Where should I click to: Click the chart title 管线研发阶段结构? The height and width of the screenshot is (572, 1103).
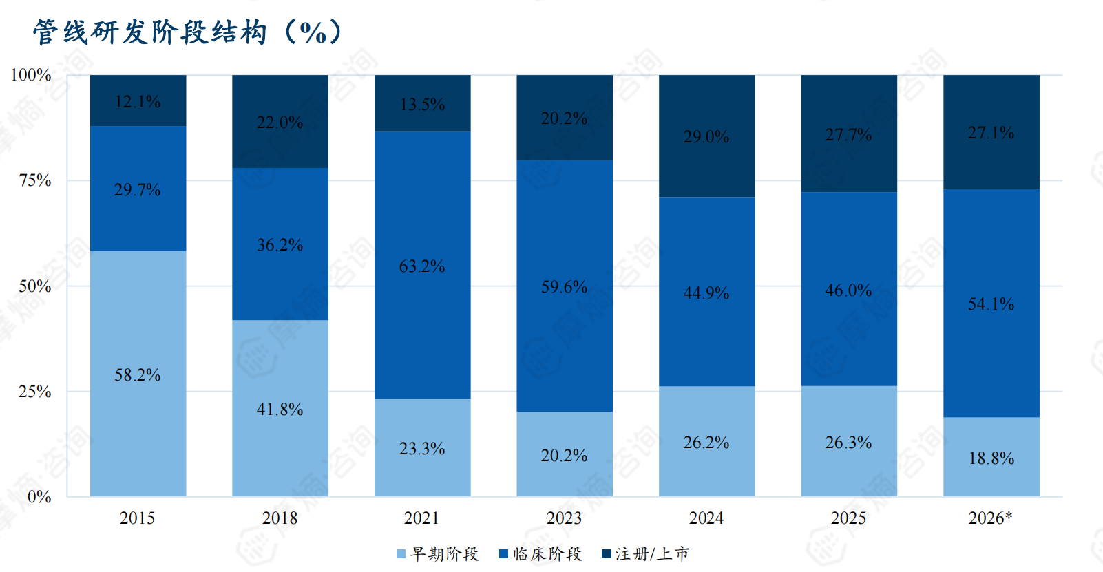click(150, 32)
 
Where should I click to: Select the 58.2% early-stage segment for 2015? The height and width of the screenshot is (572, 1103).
click(138, 374)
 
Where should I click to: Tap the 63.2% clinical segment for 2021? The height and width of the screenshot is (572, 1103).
click(423, 265)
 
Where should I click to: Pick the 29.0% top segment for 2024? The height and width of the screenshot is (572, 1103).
click(706, 136)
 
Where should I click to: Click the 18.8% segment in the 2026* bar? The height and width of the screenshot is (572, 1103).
click(991, 457)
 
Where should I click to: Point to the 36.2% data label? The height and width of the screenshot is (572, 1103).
click(280, 244)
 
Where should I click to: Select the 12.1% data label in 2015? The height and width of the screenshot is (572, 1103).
click(138, 101)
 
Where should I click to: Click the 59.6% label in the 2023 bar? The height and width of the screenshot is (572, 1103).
click(565, 286)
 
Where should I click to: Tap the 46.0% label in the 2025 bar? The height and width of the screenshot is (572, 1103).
click(848, 290)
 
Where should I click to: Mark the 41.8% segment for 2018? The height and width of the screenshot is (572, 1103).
click(280, 408)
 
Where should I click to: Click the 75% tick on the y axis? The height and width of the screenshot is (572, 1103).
click(35, 180)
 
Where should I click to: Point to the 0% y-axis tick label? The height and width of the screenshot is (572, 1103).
click(39, 497)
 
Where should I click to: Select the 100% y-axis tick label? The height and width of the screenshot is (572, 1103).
click(31, 75)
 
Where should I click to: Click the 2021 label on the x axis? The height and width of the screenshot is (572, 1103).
click(421, 518)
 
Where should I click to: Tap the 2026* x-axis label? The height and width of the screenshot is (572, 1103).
click(990, 518)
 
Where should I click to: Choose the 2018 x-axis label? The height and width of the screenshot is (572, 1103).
click(280, 518)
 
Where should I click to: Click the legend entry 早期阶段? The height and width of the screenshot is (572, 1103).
click(438, 554)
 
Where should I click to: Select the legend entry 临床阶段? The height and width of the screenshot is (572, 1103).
click(540, 554)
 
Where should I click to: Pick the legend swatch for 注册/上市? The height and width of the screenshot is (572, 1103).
click(607, 554)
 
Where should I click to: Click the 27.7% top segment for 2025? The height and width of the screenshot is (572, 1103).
click(849, 134)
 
